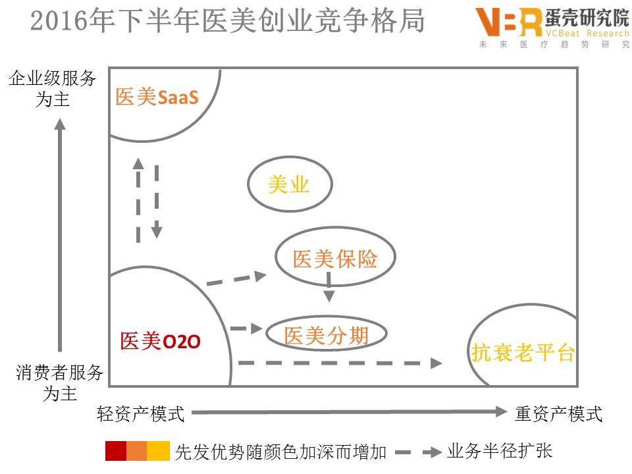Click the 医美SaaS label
click(157, 97)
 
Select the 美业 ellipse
click(289, 185)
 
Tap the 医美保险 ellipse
click(335, 259)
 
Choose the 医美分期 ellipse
click(326, 336)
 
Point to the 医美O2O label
click(160, 341)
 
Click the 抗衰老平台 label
click(523, 353)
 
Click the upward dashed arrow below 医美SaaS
click(138, 201)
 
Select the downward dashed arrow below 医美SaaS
click(157, 201)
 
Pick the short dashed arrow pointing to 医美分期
click(247, 328)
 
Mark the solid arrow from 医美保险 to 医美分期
click(329, 290)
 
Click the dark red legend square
click(115, 452)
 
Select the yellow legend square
click(158, 452)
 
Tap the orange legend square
click(136, 452)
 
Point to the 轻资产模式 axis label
click(141, 413)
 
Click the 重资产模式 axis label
click(558, 413)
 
